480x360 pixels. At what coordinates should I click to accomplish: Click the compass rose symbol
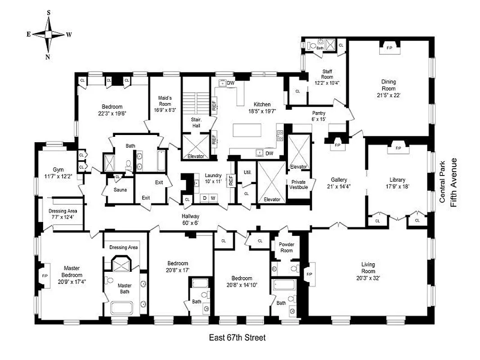click(49, 34)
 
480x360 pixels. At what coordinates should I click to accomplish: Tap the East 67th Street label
click(237, 337)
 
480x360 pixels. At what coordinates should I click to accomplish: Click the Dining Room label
click(389, 82)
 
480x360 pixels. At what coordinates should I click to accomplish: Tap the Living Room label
click(368, 265)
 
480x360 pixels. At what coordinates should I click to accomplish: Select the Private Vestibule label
click(299, 184)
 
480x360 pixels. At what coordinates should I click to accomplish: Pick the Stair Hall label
click(196, 123)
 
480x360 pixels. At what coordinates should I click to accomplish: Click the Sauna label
click(119, 189)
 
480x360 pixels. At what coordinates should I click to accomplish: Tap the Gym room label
click(58, 169)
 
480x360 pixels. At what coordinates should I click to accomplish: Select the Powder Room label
click(286, 247)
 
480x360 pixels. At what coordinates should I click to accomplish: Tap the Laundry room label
click(213, 175)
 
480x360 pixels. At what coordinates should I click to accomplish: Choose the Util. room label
click(247, 172)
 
